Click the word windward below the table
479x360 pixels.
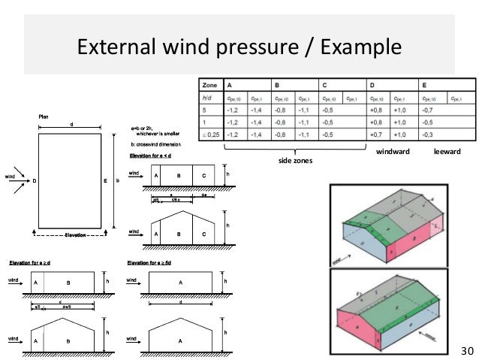393,152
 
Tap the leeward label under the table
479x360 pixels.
447,152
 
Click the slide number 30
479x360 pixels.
467,350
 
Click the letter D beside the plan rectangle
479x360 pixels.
34,180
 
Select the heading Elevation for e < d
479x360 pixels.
151,156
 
